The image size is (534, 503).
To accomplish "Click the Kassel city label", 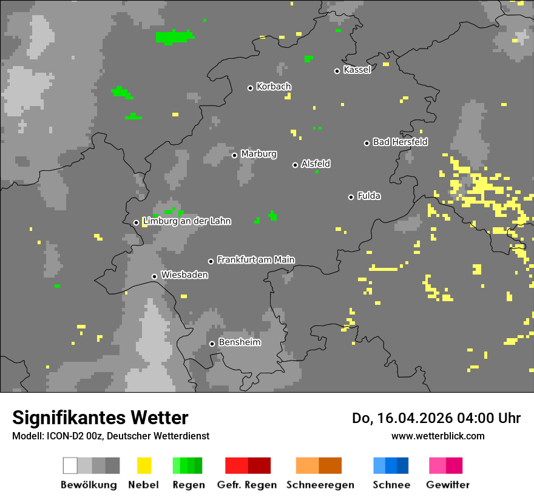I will [x=357, y=70].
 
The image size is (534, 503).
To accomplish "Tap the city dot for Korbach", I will [x=250, y=88].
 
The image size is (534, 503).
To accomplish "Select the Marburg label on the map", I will [x=259, y=154].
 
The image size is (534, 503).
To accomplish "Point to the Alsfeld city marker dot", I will [x=295, y=165].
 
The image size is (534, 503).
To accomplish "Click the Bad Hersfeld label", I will [x=400, y=142].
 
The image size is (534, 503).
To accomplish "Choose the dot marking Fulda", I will [x=351, y=197].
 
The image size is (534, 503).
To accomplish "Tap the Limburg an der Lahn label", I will [x=186, y=221].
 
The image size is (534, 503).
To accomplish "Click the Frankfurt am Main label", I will [x=255, y=260].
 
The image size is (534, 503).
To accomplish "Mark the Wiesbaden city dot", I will [x=154, y=276].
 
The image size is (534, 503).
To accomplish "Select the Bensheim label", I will [x=239, y=342].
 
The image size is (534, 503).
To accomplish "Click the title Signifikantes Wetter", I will [x=100, y=418].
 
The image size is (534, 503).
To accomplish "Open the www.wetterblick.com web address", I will [x=438, y=436].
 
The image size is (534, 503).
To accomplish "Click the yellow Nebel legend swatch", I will [x=144, y=465].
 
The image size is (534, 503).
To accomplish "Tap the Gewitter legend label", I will [x=447, y=485].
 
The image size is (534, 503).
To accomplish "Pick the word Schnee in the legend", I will [x=391, y=485].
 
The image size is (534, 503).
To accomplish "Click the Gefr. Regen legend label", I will [x=247, y=485].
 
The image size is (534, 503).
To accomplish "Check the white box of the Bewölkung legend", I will [x=70, y=465].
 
